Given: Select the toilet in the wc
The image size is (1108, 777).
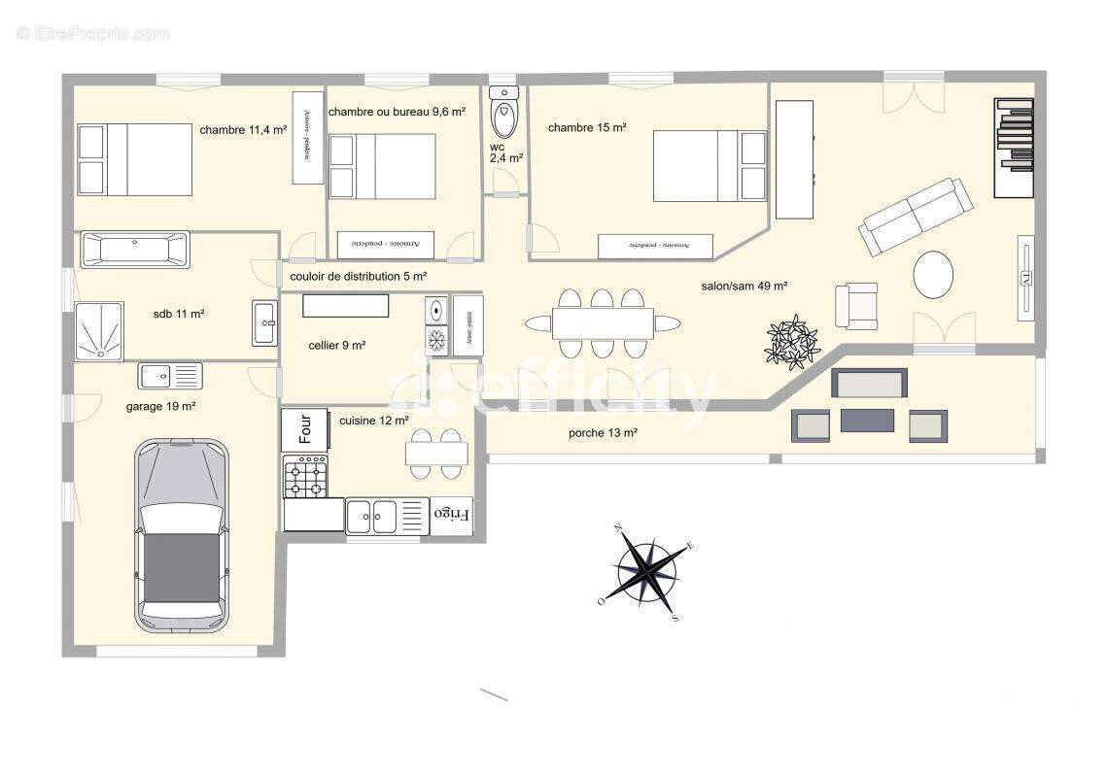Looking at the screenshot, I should tap(504, 115).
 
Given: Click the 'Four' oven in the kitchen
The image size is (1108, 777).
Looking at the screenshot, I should tap(304, 429).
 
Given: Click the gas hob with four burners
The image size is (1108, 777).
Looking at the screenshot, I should tap(305, 477).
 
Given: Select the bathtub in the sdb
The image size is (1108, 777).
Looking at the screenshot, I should tap(135, 250).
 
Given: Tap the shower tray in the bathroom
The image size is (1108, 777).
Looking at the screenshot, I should tap(99, 331).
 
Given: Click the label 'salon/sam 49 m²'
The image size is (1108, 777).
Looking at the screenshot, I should tap(744, 287).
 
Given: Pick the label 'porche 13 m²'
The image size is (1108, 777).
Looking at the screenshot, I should tap(603, 433).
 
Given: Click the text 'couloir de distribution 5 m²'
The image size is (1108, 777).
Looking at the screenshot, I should tap(359, 277).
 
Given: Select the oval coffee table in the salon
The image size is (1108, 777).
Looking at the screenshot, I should tap(933, 275).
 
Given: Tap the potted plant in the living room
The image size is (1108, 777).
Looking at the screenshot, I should tap(793, 341).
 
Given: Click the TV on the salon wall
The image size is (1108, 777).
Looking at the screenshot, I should tap(1025, 277).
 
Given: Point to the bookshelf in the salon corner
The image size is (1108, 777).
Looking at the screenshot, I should tap(1014, 148).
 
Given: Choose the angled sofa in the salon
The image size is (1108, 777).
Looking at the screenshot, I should tap(915, 216).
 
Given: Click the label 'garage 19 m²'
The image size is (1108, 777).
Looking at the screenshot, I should tap(161, 407).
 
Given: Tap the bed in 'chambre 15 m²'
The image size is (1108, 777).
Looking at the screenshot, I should tap(710, 166).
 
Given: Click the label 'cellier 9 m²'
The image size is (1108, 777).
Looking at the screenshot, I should tap(337, 345).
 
